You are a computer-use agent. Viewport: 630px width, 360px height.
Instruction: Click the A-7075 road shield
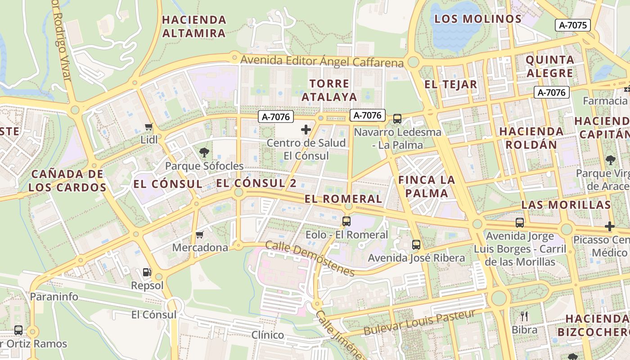point(573,25)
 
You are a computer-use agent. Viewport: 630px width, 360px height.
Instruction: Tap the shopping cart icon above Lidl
point(149,127)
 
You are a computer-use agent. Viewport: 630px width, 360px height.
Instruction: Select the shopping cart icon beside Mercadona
point(200,234)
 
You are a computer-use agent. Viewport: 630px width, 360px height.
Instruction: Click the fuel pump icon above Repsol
point(147,272)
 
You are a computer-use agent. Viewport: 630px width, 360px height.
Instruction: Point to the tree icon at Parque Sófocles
point(204,152)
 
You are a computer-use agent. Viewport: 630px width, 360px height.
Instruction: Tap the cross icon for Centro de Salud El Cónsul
point(306,130)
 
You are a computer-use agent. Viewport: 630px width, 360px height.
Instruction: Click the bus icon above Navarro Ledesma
point(397,119)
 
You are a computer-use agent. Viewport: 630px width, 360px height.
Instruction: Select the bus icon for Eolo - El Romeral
point(346,221)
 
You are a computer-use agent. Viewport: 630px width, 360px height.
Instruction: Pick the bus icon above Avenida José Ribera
point(416,245)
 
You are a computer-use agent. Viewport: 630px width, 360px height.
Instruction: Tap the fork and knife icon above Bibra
point(524,316)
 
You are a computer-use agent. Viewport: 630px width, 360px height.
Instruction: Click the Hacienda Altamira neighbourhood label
point(194,27)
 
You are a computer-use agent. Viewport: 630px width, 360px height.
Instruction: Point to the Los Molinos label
point(478,19)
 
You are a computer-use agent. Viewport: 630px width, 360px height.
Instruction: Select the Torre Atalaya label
point(329,90)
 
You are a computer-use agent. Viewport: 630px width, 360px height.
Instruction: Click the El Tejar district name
point(450,84)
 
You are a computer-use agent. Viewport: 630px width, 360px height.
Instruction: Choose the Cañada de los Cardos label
point(67,180)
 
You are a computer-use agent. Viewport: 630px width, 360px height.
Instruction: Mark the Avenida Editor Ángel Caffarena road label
point(322,61)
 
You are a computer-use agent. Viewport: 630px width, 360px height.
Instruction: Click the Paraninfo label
point(54,297)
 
